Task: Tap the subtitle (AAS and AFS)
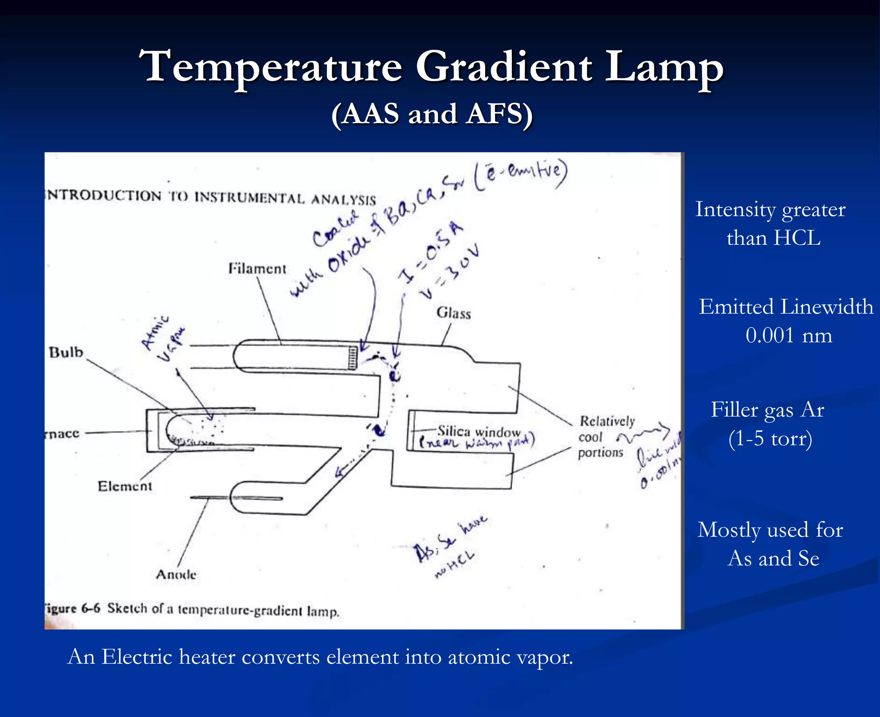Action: (432, 115)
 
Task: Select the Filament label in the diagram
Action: (257, 269)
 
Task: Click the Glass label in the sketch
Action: (453, 313)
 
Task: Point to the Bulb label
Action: (66, 352)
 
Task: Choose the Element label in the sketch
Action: (125, 486)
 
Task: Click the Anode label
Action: (176, 574)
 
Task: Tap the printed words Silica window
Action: (479, 431)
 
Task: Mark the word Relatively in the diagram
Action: (607, 421)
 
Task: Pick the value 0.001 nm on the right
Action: (788, 335)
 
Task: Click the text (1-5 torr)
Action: (770, 439)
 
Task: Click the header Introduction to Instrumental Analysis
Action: (211, 197)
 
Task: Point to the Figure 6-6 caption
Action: (191, 609)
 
